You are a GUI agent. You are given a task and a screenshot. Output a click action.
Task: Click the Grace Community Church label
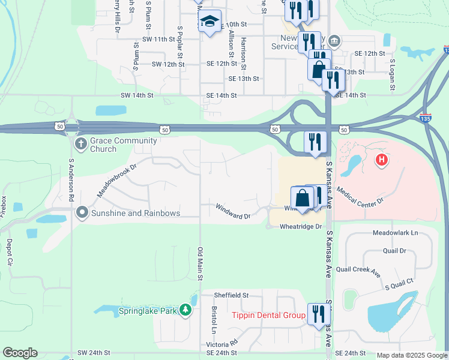[x=124, y=145]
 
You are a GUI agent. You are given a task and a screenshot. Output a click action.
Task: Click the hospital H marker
[x=381, y=160]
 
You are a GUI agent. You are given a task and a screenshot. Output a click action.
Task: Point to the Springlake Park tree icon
[x=187, y=310]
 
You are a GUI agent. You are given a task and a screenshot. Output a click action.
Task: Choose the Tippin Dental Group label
[x=269, y=315]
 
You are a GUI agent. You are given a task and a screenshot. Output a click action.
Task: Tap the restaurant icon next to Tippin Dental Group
[x=318, y=313]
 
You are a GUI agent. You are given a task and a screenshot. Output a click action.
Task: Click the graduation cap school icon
[x=209, y=22]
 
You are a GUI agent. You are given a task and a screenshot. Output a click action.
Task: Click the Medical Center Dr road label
[x=360, y=197]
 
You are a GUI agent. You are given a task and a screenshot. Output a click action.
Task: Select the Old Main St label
[x=200, y=263]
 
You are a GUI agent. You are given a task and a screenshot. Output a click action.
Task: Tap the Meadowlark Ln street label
[x=395, y=232]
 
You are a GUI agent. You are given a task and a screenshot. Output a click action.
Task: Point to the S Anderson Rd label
[x=71, y=180]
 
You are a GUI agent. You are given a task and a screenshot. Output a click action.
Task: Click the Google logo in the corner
[x=20, y=353]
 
